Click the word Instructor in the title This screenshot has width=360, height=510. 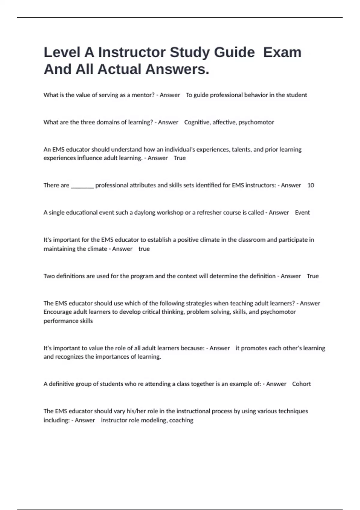(x=132, y=52)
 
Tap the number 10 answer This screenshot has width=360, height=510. (x=310, y=185)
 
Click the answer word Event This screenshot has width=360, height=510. (x=302, y=213)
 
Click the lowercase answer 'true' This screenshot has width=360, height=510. (x=144, y=249)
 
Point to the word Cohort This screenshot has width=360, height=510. (x=301, y=384)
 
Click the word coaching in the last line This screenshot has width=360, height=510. (x=181, y=420)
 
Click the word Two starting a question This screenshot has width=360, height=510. (x=48, y=276)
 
